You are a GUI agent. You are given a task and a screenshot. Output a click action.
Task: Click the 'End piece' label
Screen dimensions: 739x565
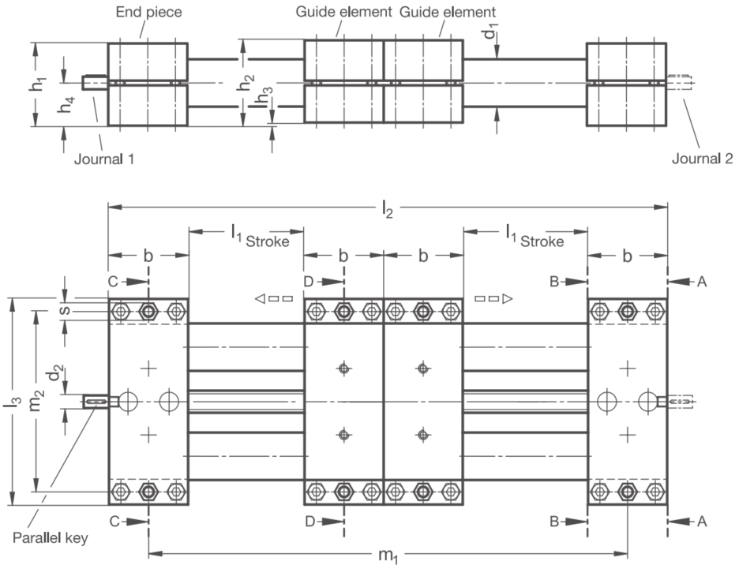pos(149,12)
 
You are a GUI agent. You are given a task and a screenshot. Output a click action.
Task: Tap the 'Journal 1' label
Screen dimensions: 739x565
pos(104,159)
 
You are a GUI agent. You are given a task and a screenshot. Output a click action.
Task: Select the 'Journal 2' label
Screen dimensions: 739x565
pos(702,159)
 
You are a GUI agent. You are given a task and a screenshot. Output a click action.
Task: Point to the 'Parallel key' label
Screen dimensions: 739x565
pos(50,537)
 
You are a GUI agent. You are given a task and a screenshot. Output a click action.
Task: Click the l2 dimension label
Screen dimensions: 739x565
pos(387,209)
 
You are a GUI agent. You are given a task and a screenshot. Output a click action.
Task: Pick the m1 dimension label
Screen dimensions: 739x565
pos(388,555)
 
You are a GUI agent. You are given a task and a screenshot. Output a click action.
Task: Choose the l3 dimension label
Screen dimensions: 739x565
pos(13,402)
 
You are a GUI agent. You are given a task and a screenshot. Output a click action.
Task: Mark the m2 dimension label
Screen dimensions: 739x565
pos(37,399)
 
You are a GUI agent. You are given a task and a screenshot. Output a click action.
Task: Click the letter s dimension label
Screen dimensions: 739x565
pos(65,311)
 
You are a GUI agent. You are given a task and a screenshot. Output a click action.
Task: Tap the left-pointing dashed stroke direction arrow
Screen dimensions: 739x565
pos(274,299)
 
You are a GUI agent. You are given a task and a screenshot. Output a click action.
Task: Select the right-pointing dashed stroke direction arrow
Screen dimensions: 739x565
pos(493,298)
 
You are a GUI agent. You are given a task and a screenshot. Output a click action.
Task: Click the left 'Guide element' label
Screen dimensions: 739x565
pos(343,12)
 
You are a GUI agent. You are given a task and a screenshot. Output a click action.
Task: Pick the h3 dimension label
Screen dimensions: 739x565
pos(264,99)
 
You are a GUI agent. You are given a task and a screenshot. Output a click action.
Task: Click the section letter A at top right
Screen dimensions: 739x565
pos(702,282)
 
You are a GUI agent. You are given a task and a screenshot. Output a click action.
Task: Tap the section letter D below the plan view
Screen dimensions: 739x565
pos(310,522)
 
